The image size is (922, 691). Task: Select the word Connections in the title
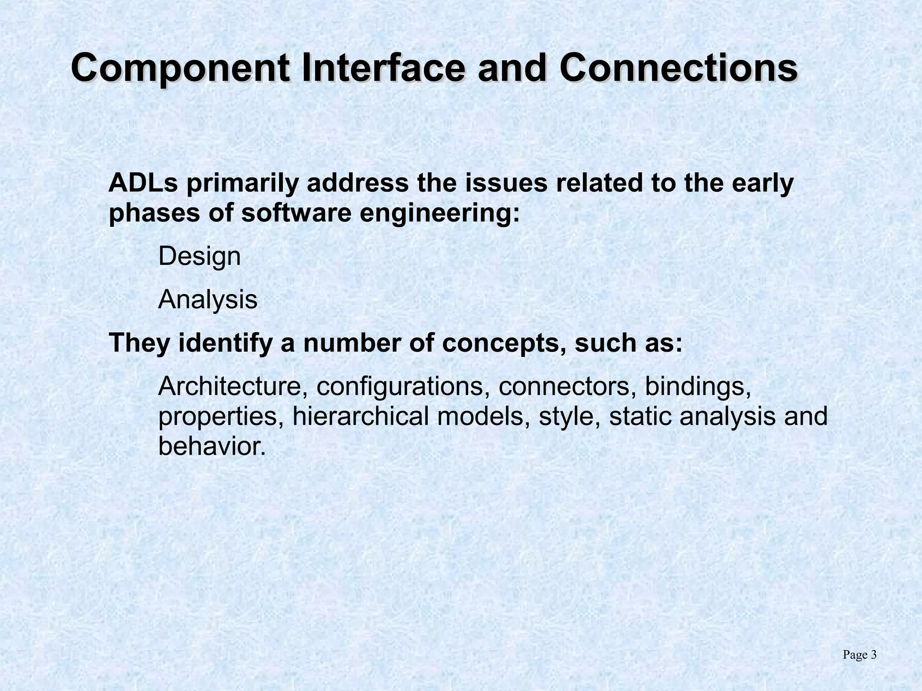pos(678,68)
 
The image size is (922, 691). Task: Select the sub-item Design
pos(199,257)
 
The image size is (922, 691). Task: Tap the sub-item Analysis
pos(208,300)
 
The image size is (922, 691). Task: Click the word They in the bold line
pos(140,343)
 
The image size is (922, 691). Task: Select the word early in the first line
pos(763,184)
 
